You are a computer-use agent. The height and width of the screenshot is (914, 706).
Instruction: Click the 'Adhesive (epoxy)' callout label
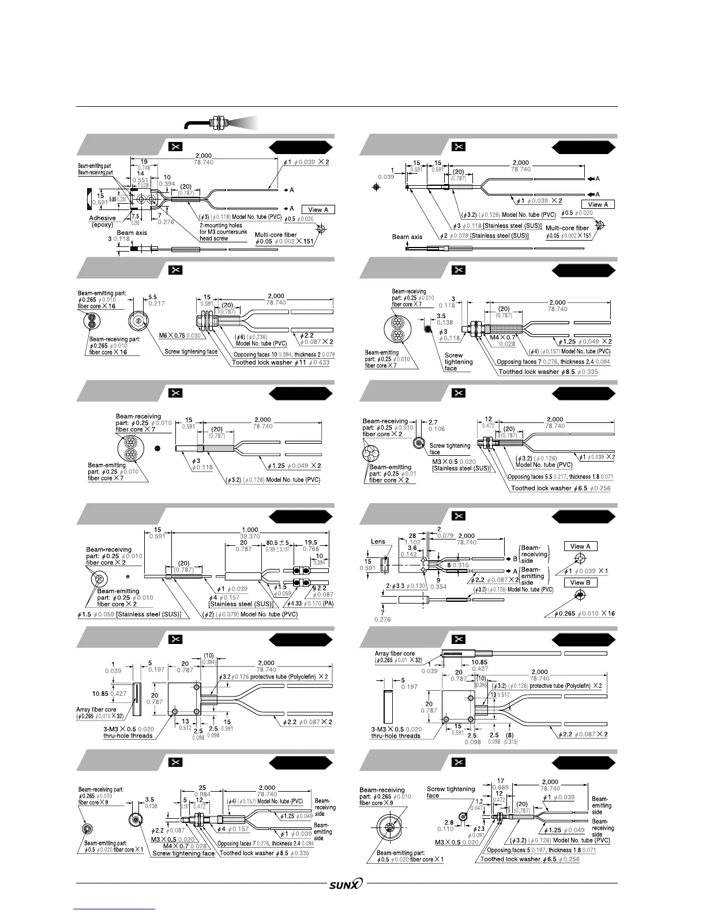click(x=103, y=222)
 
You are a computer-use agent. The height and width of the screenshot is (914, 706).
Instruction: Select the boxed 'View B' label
click(x=580, y=582)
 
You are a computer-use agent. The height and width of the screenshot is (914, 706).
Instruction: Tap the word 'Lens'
click(x=378, y=542)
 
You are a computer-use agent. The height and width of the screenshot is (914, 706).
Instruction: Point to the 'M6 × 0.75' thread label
click(x=172, y=335)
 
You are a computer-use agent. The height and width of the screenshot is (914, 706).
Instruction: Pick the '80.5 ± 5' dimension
click(x=279, y=543)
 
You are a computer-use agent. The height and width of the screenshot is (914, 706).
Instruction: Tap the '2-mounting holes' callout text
click(x=221, y=226)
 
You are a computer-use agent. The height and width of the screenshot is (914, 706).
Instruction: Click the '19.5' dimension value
click(x=310, y=543)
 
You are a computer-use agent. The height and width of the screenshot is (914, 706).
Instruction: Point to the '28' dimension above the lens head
click(x=412, y=536)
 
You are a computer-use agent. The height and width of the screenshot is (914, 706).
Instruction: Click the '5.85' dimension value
click(x=112, y=199)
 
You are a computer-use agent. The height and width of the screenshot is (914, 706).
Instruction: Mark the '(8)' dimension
click(x=510, y=735)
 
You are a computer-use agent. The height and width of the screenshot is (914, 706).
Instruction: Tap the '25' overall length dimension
click(x=202, y=788)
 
